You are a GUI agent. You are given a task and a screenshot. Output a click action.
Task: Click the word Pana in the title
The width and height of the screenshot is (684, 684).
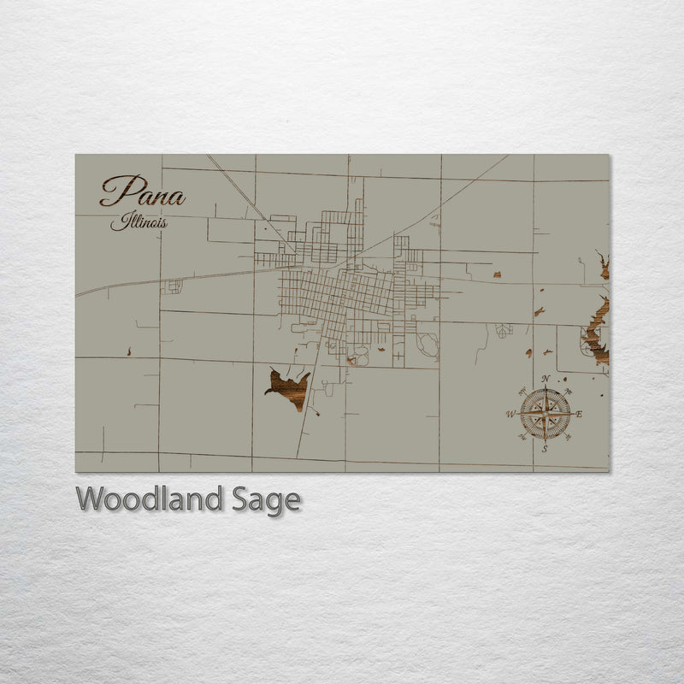[142, 192]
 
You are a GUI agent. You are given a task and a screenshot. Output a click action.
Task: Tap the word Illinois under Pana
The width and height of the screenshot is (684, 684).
[139, 223]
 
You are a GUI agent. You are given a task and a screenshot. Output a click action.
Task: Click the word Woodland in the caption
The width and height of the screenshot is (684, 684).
[149, 499]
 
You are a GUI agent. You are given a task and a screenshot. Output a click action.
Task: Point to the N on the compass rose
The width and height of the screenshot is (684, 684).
[545, 379]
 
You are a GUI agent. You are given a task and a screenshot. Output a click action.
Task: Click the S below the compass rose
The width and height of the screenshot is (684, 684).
[545, 448]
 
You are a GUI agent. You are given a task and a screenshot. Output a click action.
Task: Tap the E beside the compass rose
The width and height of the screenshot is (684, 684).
[579, 414]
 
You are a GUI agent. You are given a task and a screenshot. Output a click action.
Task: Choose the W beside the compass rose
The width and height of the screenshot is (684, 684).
[511, 415]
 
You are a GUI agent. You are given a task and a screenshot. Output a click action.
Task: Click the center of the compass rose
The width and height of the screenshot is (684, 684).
[545, 414]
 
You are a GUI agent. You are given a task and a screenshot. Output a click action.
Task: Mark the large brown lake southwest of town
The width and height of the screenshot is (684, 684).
[289, 386]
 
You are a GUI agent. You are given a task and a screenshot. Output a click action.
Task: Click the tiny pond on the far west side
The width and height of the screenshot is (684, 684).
[128, 351]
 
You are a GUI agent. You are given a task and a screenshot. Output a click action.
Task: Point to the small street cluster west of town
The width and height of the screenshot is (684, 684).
[174, 286]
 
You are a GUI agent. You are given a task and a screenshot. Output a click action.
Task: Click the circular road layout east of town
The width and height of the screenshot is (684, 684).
[427, 345]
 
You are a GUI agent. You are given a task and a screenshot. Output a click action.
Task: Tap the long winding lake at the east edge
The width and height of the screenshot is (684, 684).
[597, 325]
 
